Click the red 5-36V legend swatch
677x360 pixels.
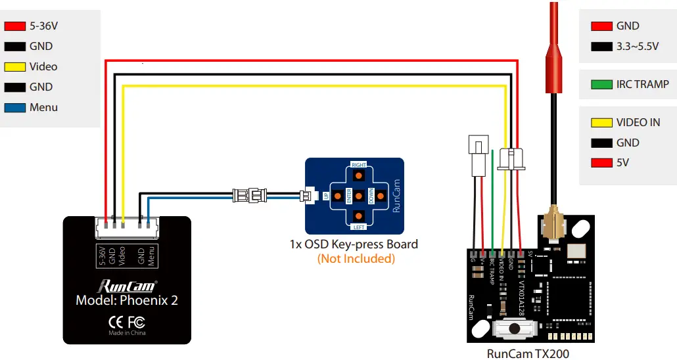tap(14, 26)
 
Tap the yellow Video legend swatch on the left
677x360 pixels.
tap(14, 67)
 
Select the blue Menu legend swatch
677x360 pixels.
tap(14, 108)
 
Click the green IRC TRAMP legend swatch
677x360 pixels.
tap(601, 85)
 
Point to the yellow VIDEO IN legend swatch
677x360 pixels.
tap(601, 122)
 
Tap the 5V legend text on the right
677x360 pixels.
tap(622, 163)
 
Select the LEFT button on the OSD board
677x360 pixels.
tap(359, 216)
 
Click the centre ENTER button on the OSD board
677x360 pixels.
tap(359, 196)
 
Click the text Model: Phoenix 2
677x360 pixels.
tap(127, 301)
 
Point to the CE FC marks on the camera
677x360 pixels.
tap(127, 322)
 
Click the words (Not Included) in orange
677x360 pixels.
tap(356, 259)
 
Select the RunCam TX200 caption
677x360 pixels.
tap(528, 353)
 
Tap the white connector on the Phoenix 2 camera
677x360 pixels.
tap(127, 226)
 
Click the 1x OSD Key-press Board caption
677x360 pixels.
tap(354, 244)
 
